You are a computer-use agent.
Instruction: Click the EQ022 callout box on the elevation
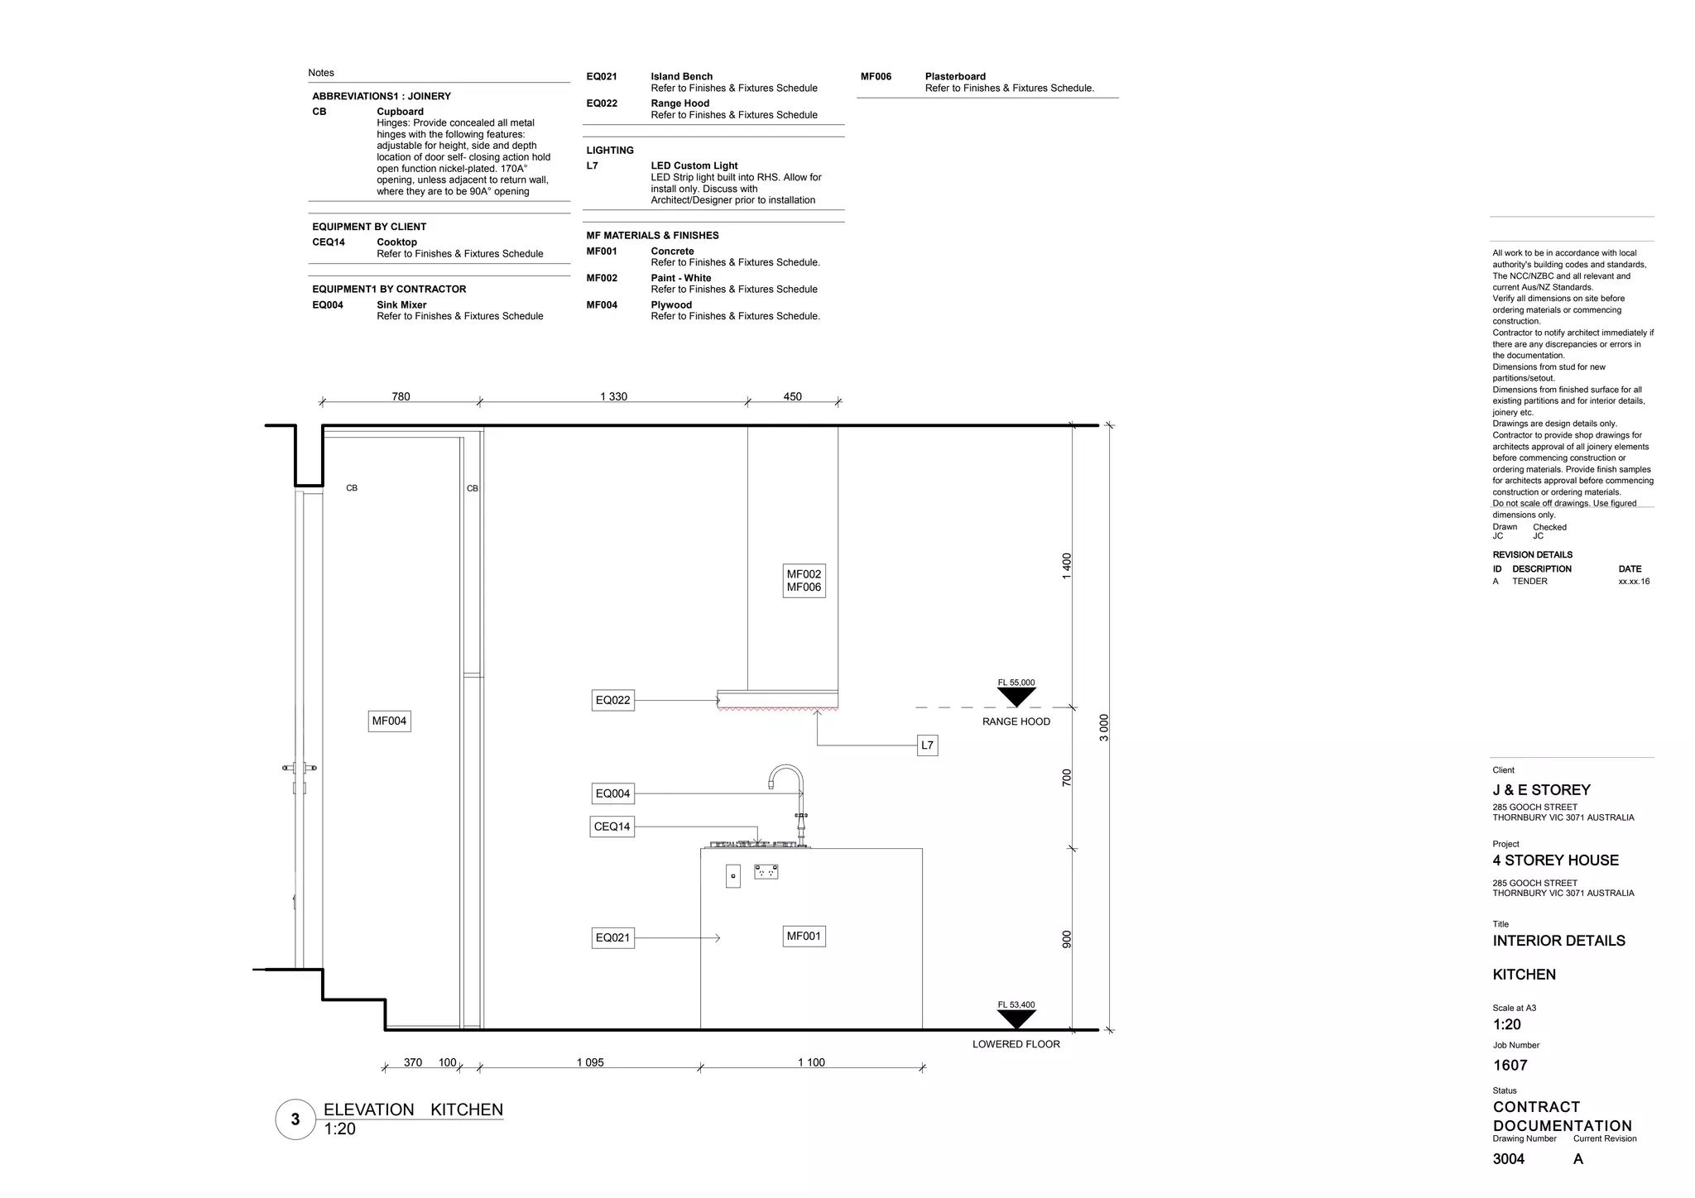613,700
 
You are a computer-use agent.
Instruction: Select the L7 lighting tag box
927,745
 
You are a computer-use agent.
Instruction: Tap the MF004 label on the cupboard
389,721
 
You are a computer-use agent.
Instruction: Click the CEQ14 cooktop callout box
612,827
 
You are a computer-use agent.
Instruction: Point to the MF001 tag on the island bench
804,937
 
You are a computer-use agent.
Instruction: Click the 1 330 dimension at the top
613,396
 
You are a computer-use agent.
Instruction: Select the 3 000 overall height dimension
1103,727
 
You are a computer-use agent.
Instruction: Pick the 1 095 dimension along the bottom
590,1062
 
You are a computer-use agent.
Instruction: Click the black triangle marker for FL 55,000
1016,697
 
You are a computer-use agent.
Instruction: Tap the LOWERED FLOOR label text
1016,1044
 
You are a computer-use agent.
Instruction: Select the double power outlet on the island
766,872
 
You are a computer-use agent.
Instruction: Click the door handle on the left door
299,769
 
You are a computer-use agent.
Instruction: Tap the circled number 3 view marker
295,1119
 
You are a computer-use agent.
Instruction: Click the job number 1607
1510,1066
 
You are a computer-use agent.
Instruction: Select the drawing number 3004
1508,1159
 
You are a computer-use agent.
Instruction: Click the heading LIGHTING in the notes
610,151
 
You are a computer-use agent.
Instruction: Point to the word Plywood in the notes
671,304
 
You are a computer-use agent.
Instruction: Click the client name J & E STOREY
1541,790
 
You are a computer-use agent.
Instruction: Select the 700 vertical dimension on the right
1067,778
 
